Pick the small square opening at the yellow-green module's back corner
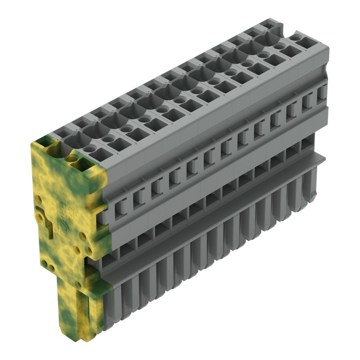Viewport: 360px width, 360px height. pos(44,141)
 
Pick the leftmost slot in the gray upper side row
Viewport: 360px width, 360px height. pos(119,206)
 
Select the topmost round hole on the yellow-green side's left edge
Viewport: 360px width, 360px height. pos(38,198)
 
